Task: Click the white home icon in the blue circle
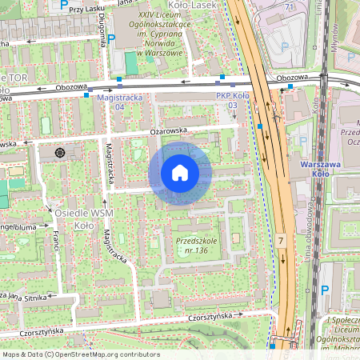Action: [179, 173]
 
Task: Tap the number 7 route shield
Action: [281, 240]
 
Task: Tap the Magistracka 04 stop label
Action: [110, 100]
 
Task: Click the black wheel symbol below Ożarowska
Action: [59, 152]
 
